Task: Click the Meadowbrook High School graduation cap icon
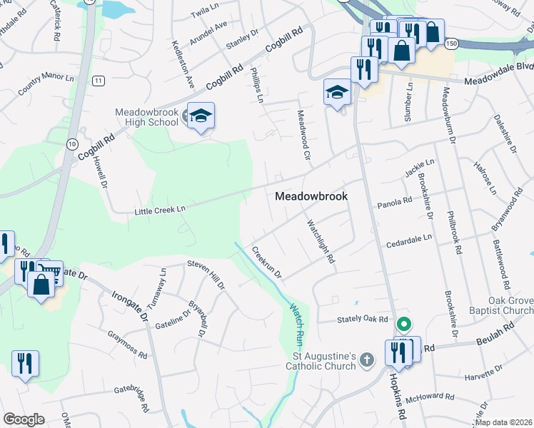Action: tap(201, 116)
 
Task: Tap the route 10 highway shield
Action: tap(71, 143)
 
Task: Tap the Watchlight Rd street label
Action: tap(321, 243)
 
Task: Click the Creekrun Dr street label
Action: tap(267, 263)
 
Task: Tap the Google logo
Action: tap(24, 419)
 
